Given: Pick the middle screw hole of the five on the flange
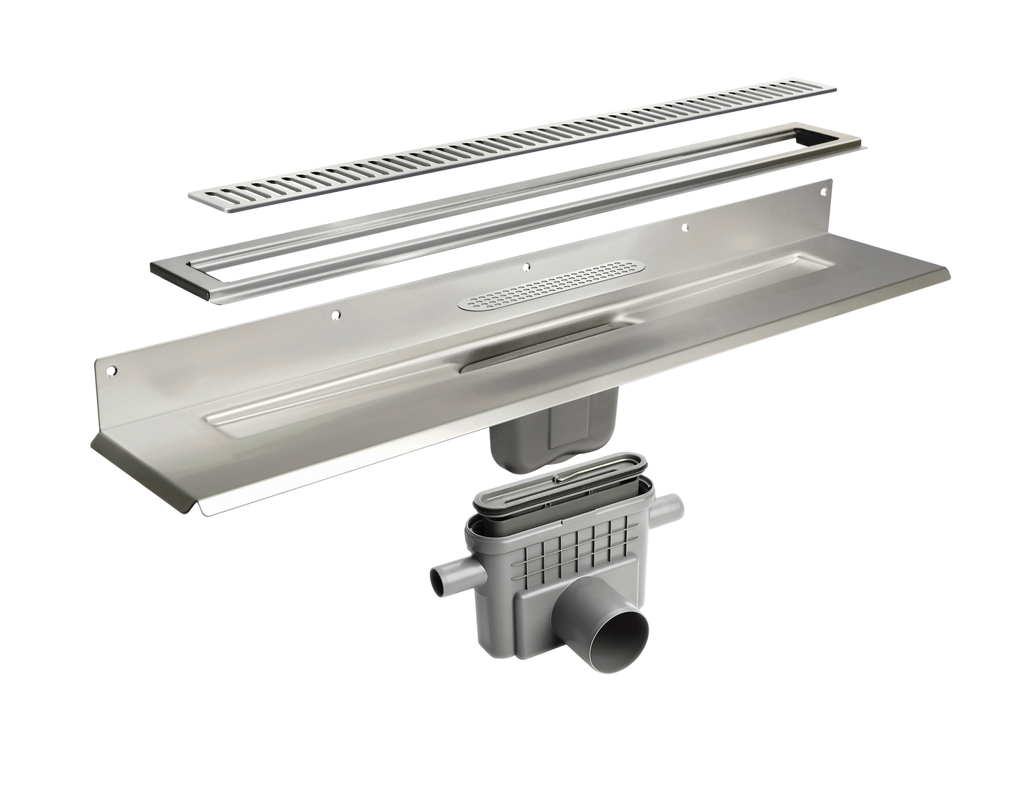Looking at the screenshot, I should pyautogui.click(x=527, y=266).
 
